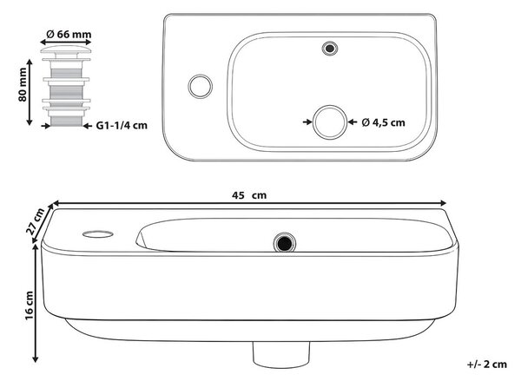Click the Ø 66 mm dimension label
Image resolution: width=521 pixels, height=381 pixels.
click(x=69, y=34)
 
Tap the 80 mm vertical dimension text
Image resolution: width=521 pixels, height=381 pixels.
click(x=23, y=85)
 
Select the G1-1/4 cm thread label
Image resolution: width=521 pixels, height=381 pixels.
click(x=122, y=126)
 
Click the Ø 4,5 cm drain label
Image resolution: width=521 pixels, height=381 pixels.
click(x=384, y=122)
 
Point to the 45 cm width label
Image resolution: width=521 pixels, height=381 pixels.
click(x=249, y=195)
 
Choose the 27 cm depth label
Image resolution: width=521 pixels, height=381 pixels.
click(x=36, y=221)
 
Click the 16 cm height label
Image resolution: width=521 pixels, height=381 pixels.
click(x=30, y=305)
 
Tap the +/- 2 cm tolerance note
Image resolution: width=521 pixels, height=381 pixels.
click(x=487, y=364)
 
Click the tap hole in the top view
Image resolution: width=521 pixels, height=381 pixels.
click(x=200, y=87)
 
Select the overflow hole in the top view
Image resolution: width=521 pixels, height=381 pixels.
click(x=330, y=49)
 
